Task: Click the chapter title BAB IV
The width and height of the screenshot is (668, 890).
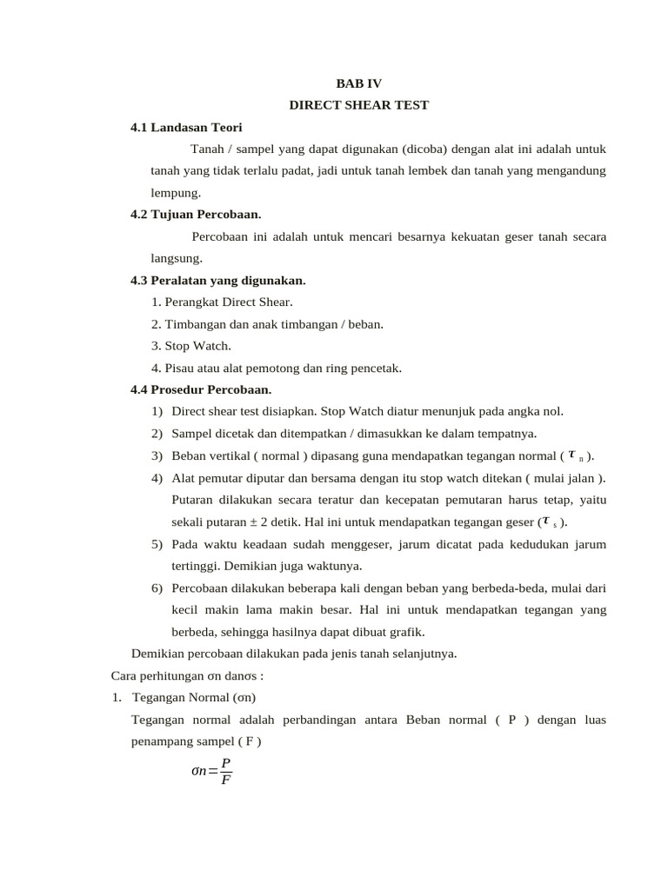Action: click(358, 83)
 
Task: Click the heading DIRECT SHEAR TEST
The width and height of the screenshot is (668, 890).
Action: click(358, 105)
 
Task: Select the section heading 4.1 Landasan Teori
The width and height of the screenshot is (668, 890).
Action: click(186, 127)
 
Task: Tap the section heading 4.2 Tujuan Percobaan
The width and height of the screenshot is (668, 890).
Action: click(196, 214)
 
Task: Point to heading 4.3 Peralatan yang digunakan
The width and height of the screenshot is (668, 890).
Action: click(217, 280)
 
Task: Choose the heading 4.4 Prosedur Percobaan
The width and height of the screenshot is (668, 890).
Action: click(201, 389)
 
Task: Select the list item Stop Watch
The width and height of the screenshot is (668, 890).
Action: click(197, 345)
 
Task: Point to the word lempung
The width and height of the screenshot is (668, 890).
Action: click(176, 192)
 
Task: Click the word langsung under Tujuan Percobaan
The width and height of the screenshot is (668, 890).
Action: click(176, 257)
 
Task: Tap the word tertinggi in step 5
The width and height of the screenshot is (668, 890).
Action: click(196, 565)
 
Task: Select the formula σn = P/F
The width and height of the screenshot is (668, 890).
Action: click(211, 770)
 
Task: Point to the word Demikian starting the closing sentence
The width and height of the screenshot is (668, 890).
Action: click(157, 654)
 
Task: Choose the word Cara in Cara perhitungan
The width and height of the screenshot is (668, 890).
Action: click(125, 675)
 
